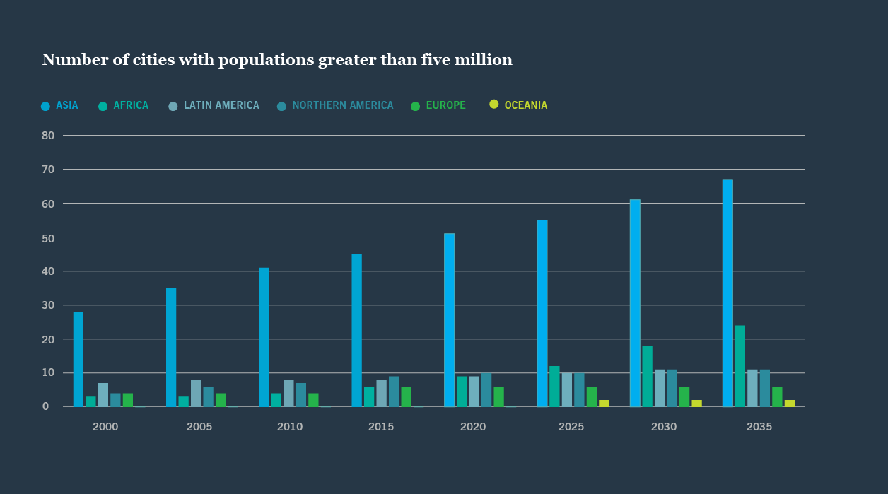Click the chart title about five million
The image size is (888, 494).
coord(277,60)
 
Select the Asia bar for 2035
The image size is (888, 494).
coord(728,293)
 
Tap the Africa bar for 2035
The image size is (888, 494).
coord(740,366)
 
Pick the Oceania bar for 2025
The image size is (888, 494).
coord(604,404)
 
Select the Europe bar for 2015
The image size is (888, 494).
coord(406,396)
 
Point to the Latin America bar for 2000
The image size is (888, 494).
coord(103,395)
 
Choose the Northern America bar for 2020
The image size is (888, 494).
coord(486,390)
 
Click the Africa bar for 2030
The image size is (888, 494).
coord(647,376)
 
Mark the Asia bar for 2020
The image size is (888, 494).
coord(449,320)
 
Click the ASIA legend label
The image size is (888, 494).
coord(67,105)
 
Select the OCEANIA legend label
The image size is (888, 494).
coord(525,105)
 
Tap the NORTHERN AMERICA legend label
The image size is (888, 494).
coord(342,105)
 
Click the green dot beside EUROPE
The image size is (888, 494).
coord(416,106)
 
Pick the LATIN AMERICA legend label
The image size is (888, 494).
coord(221,105)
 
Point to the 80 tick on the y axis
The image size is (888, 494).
coord(48,135)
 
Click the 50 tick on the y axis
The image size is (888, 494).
coord(48,237)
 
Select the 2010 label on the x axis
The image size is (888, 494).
coord(290,427)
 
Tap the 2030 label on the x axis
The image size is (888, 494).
coord(663,427)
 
